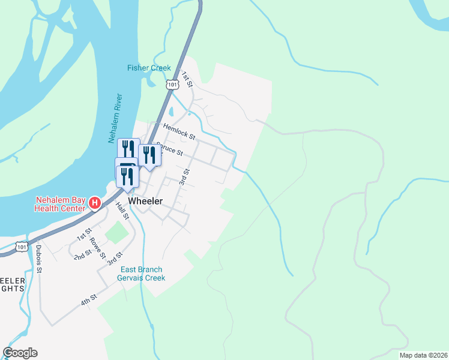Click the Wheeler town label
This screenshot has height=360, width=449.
(145, 202)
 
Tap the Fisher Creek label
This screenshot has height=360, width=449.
(149, 68)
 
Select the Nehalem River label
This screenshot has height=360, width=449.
(115, 118)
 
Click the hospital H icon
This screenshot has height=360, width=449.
(94, 203)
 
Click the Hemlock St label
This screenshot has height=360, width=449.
(179, 131)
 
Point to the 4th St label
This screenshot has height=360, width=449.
(89, 299)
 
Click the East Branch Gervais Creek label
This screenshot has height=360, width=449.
(142, 274)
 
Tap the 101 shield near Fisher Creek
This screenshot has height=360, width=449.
(173, 85)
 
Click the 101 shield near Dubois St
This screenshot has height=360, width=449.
(22, 246)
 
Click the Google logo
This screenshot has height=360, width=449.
(20, 353)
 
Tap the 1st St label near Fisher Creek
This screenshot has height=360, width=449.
(187, 79)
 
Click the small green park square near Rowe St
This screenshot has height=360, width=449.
(116, 232)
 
